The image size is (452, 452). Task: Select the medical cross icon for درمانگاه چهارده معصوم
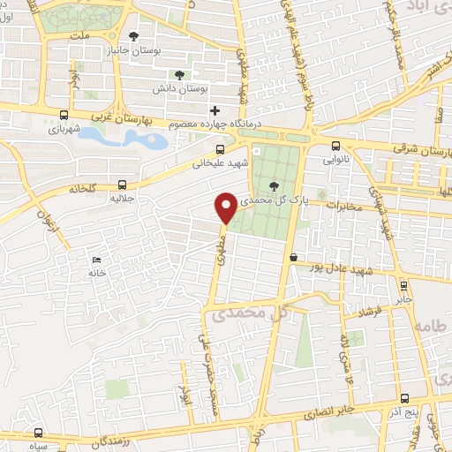coord(215,110)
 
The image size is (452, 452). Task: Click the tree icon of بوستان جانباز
coord(133,36)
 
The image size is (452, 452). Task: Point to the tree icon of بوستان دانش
coord(179,75)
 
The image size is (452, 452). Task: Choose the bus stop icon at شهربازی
coord(64,115)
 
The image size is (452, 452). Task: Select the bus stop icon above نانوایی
coord(335,147)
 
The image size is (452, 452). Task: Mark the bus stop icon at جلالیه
coord(122,185)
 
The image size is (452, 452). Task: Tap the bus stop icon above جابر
coord(403,285)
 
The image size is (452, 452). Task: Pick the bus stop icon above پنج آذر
coord(403,398)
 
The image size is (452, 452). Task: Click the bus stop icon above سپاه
coord(38,433)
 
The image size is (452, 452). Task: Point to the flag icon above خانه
coord(97,260)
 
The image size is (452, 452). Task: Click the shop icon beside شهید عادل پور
coord(292,257)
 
